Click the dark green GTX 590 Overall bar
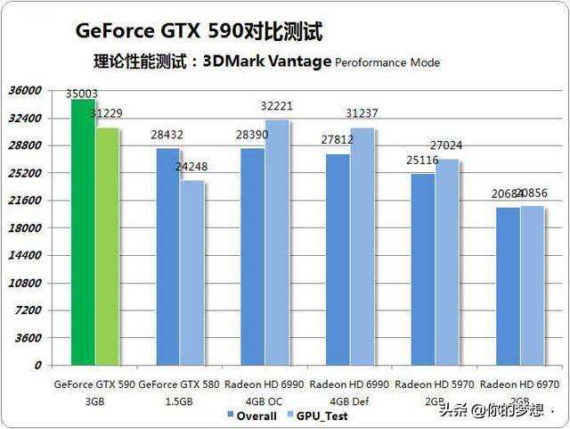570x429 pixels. click(83, 232)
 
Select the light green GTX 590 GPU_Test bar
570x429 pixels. click(107, 246)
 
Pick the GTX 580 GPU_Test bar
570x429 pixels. click(192, 273)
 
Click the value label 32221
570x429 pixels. click(276, 106)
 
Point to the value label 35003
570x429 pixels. click(82, 93)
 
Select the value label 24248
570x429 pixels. click(192, 166)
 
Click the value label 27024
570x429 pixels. click(445, 145)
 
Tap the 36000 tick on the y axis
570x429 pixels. click(25, 90)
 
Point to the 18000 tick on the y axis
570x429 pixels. click(25, 227)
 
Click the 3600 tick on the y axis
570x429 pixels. click(28, 337)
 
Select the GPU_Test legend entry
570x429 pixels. click(317, 416)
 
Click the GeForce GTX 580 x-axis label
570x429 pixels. click(180, 384)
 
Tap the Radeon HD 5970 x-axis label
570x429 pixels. click(434, 384)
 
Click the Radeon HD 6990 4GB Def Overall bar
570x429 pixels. click(337, 260)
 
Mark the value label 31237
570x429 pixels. click(362, 113)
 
